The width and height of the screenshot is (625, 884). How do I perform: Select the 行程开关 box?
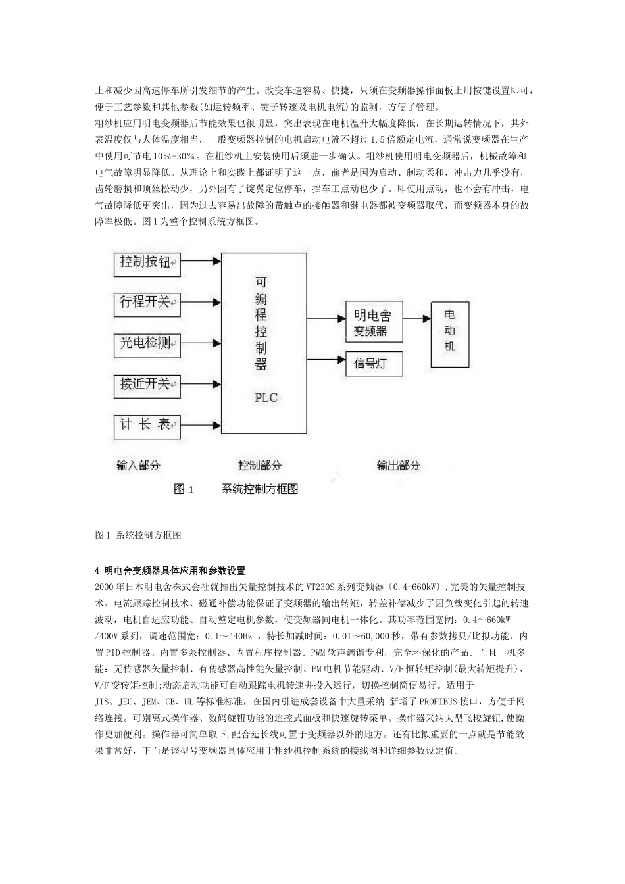point(147,303)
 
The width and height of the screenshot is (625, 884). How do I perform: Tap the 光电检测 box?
point(147,343)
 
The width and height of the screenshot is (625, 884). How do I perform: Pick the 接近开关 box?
point(147,383)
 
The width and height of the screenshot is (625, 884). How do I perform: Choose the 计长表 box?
point(147,425)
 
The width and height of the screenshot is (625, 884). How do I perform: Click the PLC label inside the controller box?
point(266,397)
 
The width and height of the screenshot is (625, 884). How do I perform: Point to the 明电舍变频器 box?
point(374,322)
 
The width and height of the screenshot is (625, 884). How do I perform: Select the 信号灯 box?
point(374,363)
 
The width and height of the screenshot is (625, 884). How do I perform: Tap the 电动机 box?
point(450,334)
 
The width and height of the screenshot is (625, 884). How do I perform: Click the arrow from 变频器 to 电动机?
point(416,318)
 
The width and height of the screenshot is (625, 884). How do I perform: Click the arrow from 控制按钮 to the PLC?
point(201,261)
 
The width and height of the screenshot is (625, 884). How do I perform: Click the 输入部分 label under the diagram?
point(139,465)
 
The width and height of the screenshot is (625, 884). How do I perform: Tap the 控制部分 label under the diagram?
point(260,465)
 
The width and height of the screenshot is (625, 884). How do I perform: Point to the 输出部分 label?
point(398,465)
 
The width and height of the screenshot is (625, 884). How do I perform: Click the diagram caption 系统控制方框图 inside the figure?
point(260,489)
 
